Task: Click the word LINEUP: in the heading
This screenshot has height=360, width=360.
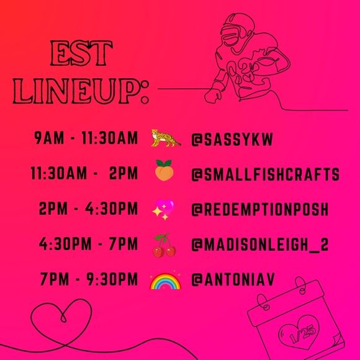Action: coord(81,91)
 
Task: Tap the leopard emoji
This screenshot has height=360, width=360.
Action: coord(166,138)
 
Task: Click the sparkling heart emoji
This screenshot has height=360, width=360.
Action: coord(164,210)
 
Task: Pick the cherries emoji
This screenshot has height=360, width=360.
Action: coord(164,246)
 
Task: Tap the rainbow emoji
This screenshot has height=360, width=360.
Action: coord(164,281)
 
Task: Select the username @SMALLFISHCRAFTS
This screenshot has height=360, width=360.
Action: coord(265,175)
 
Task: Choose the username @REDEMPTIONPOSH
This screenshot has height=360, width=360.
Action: coord(259,210)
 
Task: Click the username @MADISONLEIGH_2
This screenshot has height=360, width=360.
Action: coord(260,246)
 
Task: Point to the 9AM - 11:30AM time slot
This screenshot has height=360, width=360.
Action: coord(86,138)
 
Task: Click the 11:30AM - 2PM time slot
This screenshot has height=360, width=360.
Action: coord(84,174)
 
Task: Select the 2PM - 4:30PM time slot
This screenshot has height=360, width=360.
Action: coord(88,210)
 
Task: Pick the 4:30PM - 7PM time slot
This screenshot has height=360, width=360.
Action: coord(88,246)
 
